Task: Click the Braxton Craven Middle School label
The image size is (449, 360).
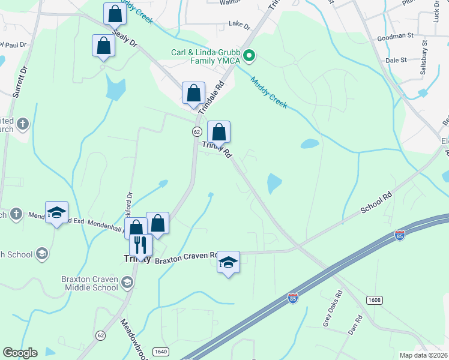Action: [89, 283]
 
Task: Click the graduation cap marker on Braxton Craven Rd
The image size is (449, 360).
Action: [228, 262]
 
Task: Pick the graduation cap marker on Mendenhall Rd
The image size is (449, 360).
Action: [57, 212]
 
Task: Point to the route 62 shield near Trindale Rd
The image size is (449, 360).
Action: [197, 131]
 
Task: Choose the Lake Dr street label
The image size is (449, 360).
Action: [239, 25]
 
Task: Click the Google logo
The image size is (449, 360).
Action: [20, 353]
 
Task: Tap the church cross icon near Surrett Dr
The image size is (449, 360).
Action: [23, 124]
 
